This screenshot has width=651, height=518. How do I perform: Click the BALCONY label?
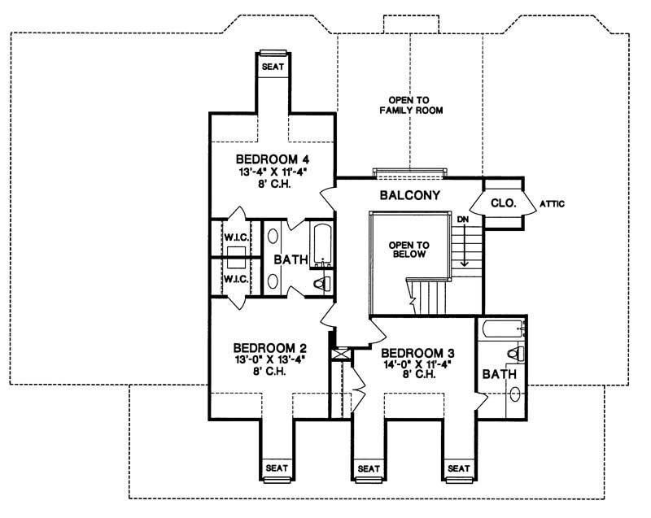coord(410,195)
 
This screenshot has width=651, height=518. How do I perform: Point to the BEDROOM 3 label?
coord(417,353)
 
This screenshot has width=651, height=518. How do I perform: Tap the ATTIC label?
coord(552,204)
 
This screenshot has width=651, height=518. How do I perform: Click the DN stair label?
coord(462,220)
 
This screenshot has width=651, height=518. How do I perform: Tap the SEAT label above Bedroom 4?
coord(273,67)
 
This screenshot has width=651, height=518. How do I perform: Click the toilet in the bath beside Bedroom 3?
coord(513,355)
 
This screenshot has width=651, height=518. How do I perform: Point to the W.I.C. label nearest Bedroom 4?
coord(235,237)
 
